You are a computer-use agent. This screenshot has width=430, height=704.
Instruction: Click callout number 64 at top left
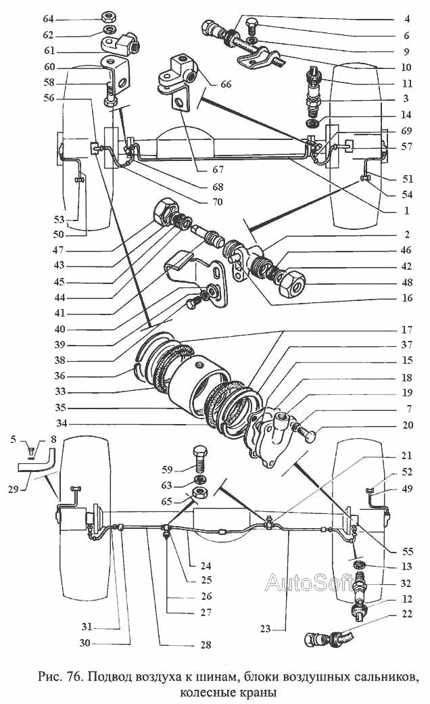tap(48, 19)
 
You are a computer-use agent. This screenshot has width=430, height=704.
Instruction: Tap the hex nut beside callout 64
tap(107, 18)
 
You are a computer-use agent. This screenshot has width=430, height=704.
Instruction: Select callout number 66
tap(226, 84)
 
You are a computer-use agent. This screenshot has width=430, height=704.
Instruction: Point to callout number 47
tap(58, 250)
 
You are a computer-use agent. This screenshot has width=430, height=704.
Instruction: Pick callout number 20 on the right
tap(407, 425)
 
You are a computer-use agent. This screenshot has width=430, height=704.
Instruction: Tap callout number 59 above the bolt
tap(167, 469)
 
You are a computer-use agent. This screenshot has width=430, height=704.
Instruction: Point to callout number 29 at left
tap(14, 489)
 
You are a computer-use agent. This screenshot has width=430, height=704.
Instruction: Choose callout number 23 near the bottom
tap(265, 628)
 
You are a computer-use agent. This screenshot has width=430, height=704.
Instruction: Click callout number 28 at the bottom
tap(206, 644)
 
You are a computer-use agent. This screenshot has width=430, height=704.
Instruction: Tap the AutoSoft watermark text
tap(308, 583)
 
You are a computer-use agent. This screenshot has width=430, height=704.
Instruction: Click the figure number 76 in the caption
tap(72, 677)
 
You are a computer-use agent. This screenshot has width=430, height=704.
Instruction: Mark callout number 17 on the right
tap(407, 329)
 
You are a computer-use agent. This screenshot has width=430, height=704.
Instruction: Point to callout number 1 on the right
tap(406, 210)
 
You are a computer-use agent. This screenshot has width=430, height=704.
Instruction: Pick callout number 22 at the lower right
tap(407, 613)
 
